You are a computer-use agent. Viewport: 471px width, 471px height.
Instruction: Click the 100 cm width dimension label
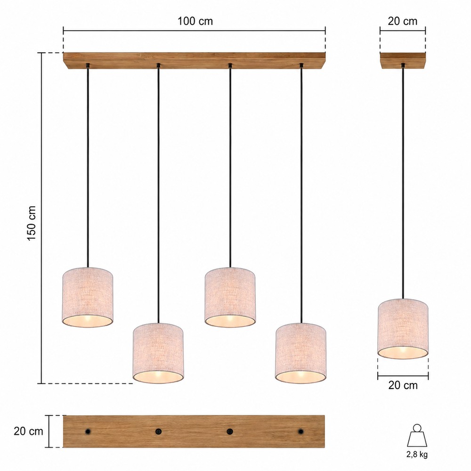pos(195,21)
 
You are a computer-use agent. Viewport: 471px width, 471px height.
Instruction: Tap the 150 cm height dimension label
pos(32,223)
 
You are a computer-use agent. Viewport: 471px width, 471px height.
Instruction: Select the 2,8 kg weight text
pos(417,454)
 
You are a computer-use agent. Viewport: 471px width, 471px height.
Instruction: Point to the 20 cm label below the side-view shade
pos(403,385)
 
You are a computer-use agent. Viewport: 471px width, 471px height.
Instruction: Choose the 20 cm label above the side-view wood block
pos(403,21)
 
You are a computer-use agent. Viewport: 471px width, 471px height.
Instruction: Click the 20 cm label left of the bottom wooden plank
pos(28,431)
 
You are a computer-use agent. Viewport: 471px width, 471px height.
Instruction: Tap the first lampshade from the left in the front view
pos(88,297)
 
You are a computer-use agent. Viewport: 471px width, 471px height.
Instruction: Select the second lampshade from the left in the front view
pos(158,353)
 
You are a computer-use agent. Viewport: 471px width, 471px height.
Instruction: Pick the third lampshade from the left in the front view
pos(230,297)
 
